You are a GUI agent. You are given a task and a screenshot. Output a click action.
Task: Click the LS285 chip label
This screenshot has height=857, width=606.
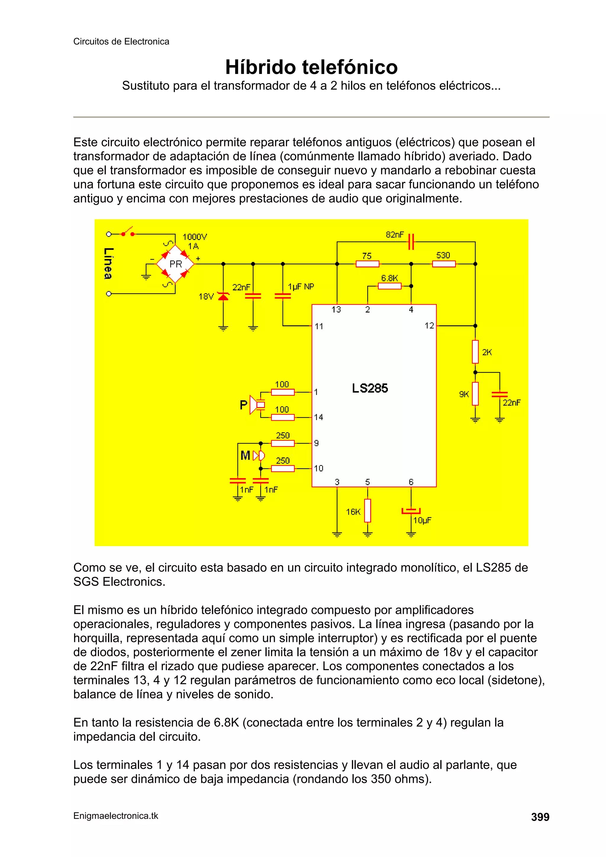(x=370, y=388)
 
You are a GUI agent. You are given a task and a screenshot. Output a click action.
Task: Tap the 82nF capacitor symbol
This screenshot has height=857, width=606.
(x=411, y=241)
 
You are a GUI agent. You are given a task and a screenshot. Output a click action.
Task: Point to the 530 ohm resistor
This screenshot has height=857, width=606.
(x=444, y=264)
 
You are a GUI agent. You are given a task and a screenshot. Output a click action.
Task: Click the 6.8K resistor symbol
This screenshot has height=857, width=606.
(x=389, y=286)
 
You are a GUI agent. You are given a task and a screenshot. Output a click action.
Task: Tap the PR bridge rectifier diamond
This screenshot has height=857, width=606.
(x=175, y=264)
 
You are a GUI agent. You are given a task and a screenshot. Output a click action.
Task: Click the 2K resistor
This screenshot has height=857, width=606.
(x=475, y=352)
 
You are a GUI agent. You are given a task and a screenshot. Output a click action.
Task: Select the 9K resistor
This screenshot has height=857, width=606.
(x=475, y=394)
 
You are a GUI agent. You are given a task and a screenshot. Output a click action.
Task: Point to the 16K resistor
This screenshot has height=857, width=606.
(x=368, y=511)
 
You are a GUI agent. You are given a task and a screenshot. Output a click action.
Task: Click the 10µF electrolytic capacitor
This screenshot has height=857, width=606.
(x=411, y=511)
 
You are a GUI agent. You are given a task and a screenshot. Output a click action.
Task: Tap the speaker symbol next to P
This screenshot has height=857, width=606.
(x=257, y=405)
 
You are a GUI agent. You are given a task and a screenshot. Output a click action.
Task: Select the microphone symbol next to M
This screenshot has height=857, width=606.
(x=259, y=455)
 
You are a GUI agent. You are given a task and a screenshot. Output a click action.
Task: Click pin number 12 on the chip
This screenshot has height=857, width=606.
(x=429, y=326)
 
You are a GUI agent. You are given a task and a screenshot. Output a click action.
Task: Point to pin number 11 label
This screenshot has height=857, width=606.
(x=318, y=327)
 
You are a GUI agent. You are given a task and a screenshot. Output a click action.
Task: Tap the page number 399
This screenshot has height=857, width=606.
(x=540, y=817)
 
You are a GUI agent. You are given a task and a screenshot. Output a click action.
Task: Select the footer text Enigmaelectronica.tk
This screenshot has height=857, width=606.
(x=116, y=816)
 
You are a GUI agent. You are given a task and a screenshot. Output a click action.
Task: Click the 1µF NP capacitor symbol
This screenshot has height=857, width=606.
(x=283, y=296)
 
